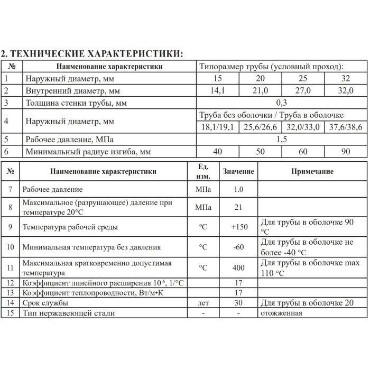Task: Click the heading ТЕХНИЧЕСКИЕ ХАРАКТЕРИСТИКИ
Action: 92,53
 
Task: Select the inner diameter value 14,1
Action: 217,91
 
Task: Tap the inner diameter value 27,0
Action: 302,91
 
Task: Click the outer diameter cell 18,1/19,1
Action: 217,127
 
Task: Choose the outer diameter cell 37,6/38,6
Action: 345,127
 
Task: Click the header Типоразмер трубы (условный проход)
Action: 271,67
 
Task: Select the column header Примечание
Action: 312,172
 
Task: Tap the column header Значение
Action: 238,172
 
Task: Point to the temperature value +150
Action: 239,227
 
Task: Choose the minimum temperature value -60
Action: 239,247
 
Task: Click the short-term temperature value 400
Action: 239,267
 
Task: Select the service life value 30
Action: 239,303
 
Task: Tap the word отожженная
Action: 281,313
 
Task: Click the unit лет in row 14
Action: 203,303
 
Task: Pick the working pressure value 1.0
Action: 239,189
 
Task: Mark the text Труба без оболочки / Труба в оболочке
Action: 271,115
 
